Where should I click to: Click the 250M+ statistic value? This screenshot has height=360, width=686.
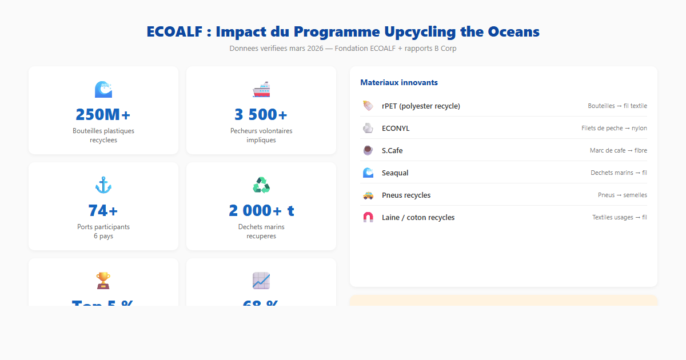pyautogui.click(x=103, y=115)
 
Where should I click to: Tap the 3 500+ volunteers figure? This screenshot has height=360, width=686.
pyautogui.click(x=261, y=115)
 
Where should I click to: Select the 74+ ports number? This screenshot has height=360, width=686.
pyautogui.click(x=103, y=211)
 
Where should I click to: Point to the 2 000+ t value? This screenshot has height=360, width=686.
pyautogui.click(x=261, y=211)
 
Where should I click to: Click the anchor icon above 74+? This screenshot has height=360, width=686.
pyautogui.click(x=103, y=185)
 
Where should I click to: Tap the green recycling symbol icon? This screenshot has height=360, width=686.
pyautogui.click(x=261, y=185)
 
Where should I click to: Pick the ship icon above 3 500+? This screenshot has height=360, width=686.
pyautogui.click(x=261, y=89)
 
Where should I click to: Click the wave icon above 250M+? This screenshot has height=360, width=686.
pyautogui.click(x=103, y=89)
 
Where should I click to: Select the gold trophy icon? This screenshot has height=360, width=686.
pyautogui.click(x=103, y=281)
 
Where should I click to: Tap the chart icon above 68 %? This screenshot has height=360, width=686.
pyautogui.click(x=261, y=281)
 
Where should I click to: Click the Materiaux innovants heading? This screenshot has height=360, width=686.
pyautogui.click(x=399, y=83)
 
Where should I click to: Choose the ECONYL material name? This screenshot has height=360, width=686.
pyautogui.click(x=396, y=129)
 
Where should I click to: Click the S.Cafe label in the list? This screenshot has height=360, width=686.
pyautogui.click(x=392, y=151)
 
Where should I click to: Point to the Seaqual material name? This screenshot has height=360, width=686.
pyautogui.click(x=395, y=173)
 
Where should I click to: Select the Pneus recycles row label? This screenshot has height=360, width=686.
pyautogui.click(x=406, y=195)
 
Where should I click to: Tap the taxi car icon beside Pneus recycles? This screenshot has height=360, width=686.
pyautogui.click(x=368, y=195)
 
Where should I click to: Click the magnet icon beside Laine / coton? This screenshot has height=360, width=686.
pyautogui.click(x=368, y=218)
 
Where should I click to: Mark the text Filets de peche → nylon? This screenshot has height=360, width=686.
pyautogui.click(x=614, y=129)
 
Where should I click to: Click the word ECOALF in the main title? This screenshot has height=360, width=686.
pyautogui.click(x=174, y=32)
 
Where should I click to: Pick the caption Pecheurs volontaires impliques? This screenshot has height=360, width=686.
pyautogui.click(x=261, y=135)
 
